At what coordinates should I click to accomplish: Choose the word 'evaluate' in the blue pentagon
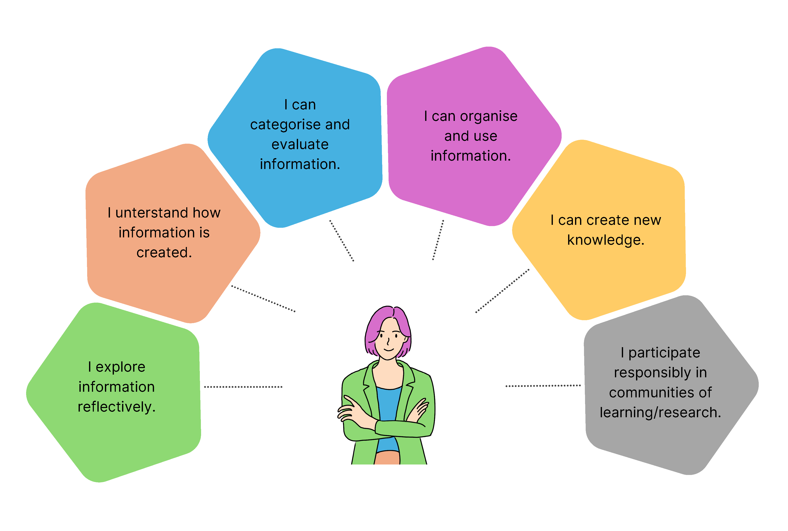[300, 145]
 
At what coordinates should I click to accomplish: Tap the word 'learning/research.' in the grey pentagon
[660, 412]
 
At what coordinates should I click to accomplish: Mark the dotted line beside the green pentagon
[243, 387]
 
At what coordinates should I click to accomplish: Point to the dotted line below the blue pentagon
[342, 241]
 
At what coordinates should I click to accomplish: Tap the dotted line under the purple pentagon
[438, 240]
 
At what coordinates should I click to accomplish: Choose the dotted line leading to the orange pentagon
[263, 299]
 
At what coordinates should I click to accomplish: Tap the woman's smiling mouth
[389, 349]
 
